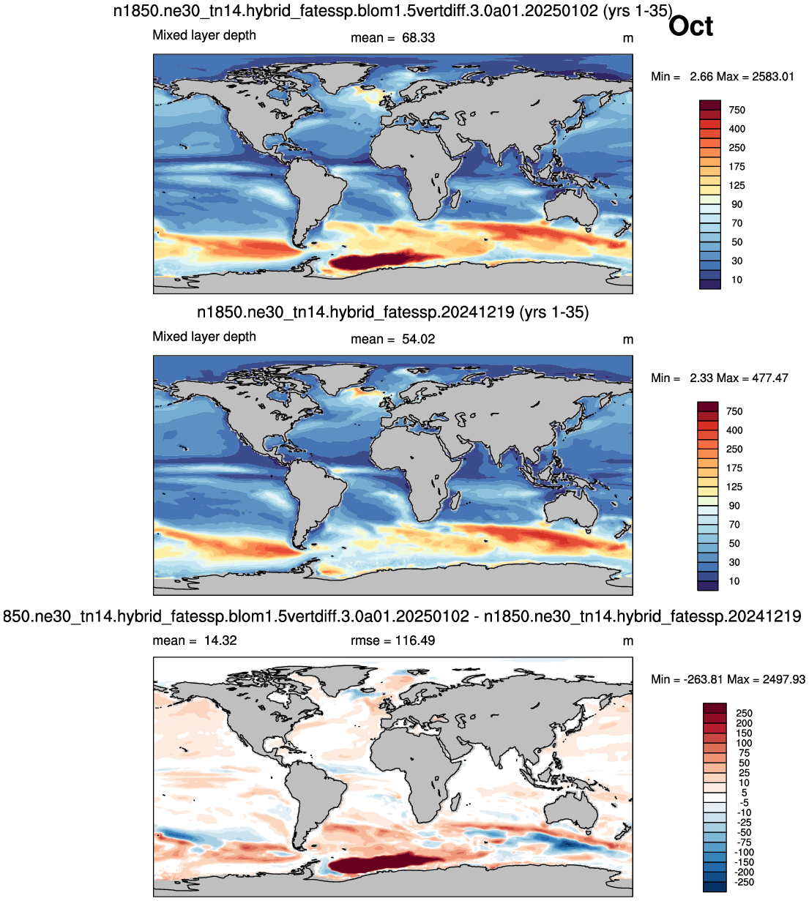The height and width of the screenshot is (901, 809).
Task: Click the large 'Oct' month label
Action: click(x=690, y=26)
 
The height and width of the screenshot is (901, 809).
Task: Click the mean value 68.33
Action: click(x=418, y=38)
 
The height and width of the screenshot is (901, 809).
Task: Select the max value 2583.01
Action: click(x=773, y=77)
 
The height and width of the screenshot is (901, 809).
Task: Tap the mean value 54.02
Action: click(x=418, y=339)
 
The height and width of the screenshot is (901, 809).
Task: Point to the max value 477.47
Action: click(x=770, y=378)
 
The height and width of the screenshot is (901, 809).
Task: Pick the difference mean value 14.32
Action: click(x=220, y=640)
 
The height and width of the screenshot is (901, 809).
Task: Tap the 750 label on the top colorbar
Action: click(x=737, y=110)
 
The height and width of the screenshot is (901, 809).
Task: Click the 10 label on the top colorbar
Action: click(x=737, y=280)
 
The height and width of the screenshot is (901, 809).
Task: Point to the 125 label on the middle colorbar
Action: click(x=734, y=487)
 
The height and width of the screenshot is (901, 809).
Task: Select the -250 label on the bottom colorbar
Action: click(x=745, y=882)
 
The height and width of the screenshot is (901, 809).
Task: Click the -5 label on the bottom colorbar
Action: click(x=745, y=803)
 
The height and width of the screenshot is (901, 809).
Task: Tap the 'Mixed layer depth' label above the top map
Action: click(x=204, y=35)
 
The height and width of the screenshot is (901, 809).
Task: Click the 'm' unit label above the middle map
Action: click(x=628, y=340)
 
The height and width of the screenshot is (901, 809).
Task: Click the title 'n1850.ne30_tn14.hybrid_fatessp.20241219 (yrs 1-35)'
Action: click(x=393, y=313)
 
